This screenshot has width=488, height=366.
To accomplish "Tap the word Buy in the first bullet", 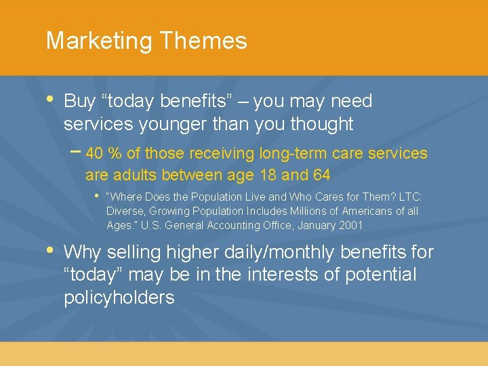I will point(79,102).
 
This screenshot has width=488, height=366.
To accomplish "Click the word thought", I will point(321,124).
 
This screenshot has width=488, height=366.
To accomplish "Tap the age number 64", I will point(321,175).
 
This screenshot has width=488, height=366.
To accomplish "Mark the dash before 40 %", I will point(76,151).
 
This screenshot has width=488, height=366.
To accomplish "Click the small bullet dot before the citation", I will point(96,196).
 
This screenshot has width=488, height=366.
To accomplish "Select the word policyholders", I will point(119,298).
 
